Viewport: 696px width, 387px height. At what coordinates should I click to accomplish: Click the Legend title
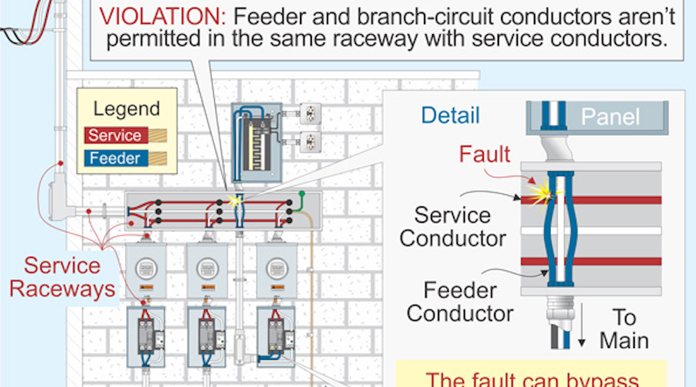[x=127, y=109]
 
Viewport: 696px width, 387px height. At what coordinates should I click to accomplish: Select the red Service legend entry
[x=114, y=135]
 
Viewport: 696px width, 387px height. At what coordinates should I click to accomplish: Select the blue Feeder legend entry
[x=114, y=158]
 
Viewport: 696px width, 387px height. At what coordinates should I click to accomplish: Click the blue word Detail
[x=450, y=115]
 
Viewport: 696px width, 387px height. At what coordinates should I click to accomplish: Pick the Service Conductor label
[x=453, y=226]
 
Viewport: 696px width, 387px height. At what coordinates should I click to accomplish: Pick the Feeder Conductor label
[x=460, y=301]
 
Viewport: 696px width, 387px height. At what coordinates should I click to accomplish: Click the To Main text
[x=624, y=329]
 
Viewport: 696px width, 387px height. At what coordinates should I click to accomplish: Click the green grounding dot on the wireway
[x=302, y=193]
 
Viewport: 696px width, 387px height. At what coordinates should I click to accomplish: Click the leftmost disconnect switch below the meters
[x=146, y=334]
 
